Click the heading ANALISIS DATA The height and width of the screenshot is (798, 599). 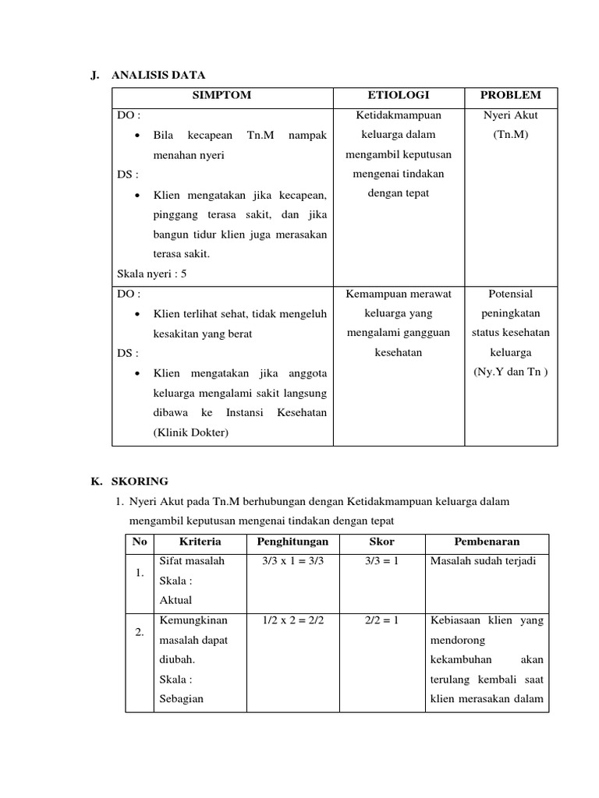(x=158, y=75)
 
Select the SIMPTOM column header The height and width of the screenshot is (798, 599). (x=222, y=95)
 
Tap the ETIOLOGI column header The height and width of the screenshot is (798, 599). (x=399, y=95)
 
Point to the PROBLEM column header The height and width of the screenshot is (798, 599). (x=511, y=95)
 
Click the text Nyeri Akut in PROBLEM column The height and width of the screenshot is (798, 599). (x=511, y=115)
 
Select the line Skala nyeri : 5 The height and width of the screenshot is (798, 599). (x=152, y=274)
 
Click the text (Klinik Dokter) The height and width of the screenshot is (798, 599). (x=191, y=432)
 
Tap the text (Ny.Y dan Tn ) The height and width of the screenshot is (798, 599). (x=511, y=371)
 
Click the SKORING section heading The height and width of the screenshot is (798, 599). (x=140, y=481)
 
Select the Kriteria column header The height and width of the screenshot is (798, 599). (x=200, y=542)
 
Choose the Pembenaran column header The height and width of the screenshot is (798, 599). (x=487, y=542)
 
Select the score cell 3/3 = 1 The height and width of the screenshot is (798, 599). (x=381, y=561)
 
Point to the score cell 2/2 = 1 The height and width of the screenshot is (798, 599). (x=381, y=620)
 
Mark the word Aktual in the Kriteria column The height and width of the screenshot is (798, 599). (x=175, y=600)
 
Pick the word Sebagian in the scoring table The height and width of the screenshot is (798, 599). (x=181, y=698)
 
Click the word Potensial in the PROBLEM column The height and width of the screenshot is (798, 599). (x=511, y=294)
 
